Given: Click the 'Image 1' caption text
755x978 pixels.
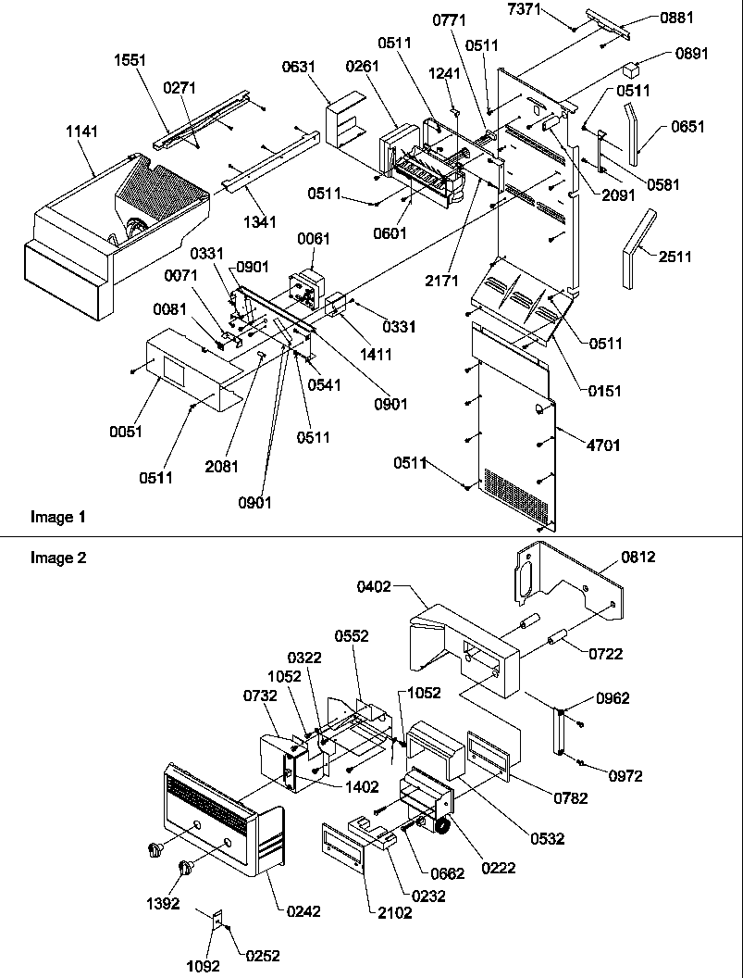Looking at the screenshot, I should click(52, 517).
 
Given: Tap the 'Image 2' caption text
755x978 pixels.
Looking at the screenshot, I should click(52, 558).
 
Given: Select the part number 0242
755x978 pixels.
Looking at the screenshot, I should click(303, 911).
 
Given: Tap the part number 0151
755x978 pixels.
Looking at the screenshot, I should click(604, 391).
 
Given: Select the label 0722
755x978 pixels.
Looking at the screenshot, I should click(607, 654).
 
